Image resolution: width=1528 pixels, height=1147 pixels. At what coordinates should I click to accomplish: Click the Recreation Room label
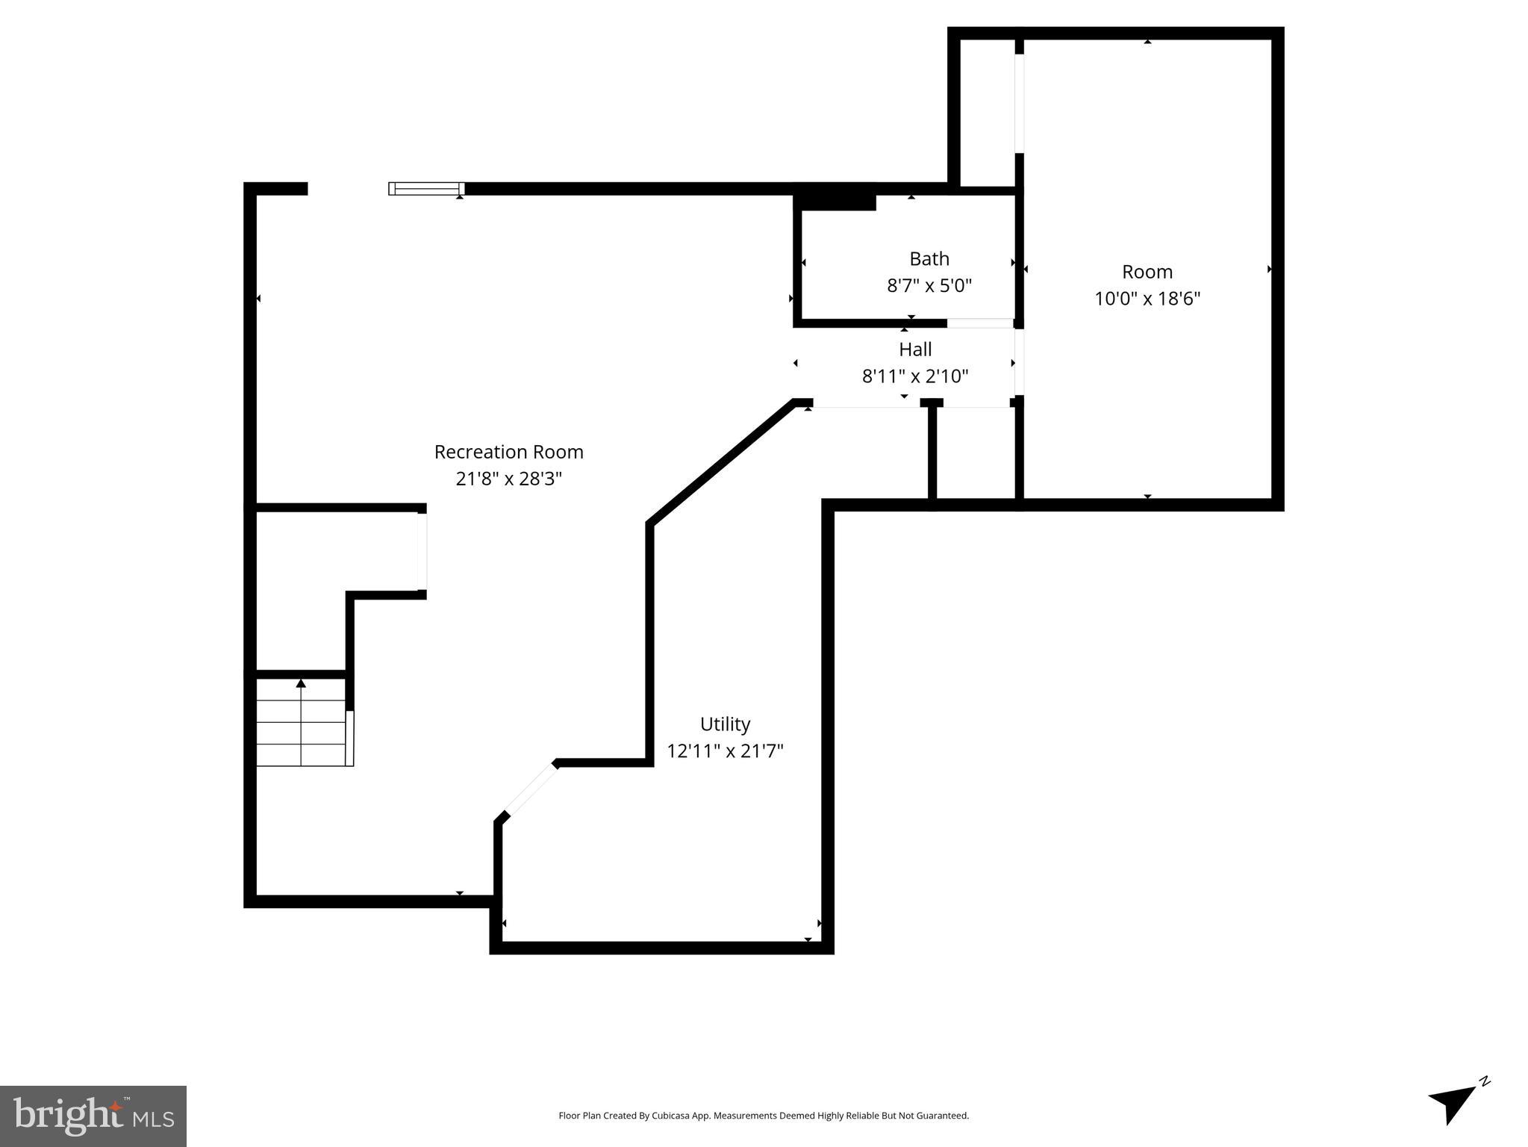pyautogui.click(x=508, y=452)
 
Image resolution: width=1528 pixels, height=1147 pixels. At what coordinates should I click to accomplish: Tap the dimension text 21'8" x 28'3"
pyautogui.click(x=508, y=479)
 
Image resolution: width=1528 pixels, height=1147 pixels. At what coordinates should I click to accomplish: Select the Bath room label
pyautogui.click(x=929, y=259)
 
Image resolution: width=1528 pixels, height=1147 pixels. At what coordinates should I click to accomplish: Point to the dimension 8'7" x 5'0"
pyautogui.click(x=929, y=286)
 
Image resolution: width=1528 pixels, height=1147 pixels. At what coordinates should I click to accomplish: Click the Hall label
pyautogui.click(x=914, y=349)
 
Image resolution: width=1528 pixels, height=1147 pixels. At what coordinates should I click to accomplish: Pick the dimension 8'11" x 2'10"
pyautogui.click(x=914, y=376)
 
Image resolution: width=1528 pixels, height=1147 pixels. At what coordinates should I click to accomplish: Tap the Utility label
pyautogui.click(x=725, y=724)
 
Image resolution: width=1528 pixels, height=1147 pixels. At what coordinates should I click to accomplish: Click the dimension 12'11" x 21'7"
pyautogui.click(x=725, y=751)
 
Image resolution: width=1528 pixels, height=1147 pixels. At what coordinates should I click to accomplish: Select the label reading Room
pyautogui.click(x=1147, y=272)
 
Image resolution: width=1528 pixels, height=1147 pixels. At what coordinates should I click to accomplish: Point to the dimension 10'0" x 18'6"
pyautogui.click(x=1147, y=299)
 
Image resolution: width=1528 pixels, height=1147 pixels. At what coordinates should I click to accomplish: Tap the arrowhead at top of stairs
pyautogui.click(x=301, y=683)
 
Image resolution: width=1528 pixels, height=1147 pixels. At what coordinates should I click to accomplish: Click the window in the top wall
pyautogui.click(x=426, y=188)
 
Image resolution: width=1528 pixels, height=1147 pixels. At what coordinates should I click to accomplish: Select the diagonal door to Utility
pyautogui.click(x=530, y=790)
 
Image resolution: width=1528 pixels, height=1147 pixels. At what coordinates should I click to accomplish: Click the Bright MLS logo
pyautogui.click(x=93, y=1116)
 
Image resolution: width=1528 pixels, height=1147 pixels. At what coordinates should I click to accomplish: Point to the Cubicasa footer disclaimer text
pyautogui.click(x=764, y=1116)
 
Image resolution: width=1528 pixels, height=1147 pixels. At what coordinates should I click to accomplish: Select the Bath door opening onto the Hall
pyautogui.click(x=979, y=323)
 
